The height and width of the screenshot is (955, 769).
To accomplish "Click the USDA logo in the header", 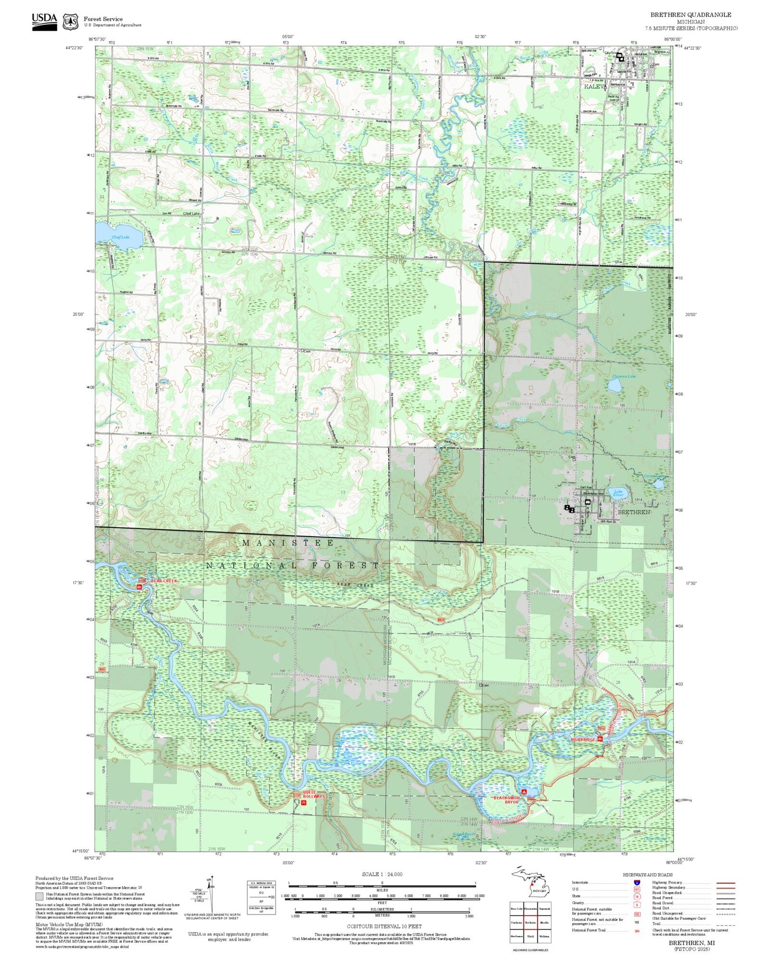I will pyautogui.click(x=44, y=21).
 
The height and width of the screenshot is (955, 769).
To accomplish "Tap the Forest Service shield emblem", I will pyautogui.click(x=70, y=22).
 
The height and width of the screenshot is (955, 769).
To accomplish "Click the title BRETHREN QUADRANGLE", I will pyautogui.click(x=690, y=14).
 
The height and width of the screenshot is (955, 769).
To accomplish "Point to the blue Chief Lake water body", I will pyautogui.click(x=119, y=235).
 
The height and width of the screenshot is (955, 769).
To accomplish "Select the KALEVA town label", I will pyautogui.click(x=595, y=86).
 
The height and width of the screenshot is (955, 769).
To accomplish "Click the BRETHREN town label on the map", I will pyautogui.click(x=633, y=512).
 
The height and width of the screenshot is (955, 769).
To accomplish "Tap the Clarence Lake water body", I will pyautogui.click(x=616, y=385).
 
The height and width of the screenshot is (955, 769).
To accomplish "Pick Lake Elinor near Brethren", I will pyautogui.click(x=618, y=493).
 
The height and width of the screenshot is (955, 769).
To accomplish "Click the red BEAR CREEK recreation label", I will pyautogui.click(x=163, y=581).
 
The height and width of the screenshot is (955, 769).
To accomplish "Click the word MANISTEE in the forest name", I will pyautogui.click(x=288, y=543).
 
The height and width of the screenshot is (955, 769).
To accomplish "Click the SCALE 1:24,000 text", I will pyautogui.click(x=382, y=874).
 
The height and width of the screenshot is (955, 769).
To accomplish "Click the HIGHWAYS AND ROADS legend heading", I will pyautogui.click(x=648, y=875).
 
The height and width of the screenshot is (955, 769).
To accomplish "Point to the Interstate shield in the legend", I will pyautogui.click(x=636, y=882).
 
